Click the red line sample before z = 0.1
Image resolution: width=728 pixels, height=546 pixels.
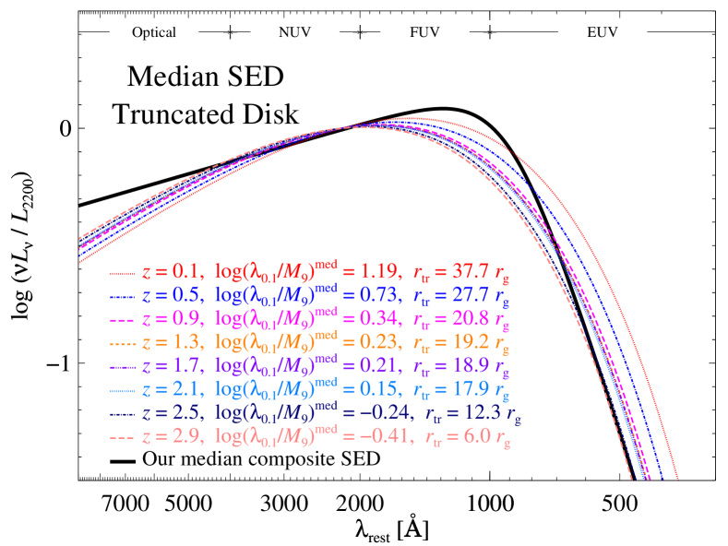(x=123, y=273)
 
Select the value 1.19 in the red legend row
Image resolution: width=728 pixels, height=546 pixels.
(x=374, y=273)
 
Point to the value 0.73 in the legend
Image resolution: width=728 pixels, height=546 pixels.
(x=374, y=297)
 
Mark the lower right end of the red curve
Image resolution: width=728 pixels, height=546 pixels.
(x=677, y=478)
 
